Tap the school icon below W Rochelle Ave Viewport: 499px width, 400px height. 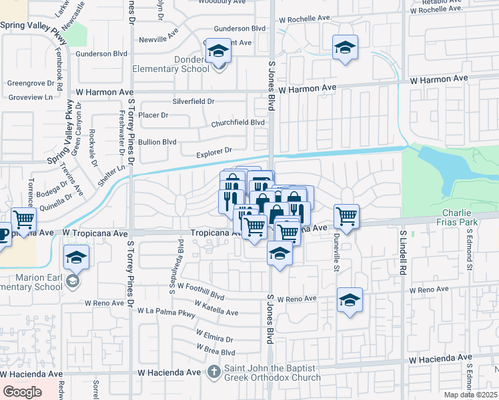pyautogui.click(x=345, y=47)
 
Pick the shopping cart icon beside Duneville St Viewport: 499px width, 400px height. pyautogui.click(x=346, y=216)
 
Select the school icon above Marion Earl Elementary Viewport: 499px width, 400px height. pyautogui.click(x=77, y=257)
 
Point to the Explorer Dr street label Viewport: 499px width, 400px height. pyautogui.click(x=213, y=153)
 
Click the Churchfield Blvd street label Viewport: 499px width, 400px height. pyautogui.click(x=238, y=123)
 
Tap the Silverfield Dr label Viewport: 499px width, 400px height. pyautogui.click(x=193, y=102)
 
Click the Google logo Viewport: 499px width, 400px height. pyautogui.click(x=22, y=392)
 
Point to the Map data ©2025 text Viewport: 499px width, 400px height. pyautogui.click(x=469, y=395)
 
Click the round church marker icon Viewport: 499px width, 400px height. pyautogui.click(x=213, y=371)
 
